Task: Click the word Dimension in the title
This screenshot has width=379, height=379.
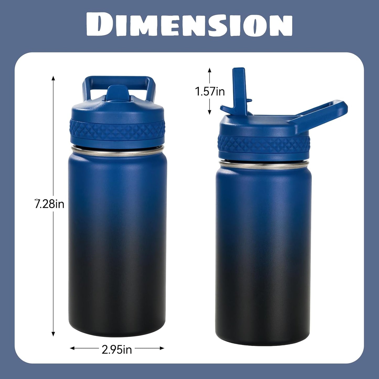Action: (189, 25)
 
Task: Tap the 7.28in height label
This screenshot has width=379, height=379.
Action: (50, 204)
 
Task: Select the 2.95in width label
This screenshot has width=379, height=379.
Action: (117, 349)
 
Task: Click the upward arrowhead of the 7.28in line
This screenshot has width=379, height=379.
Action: (53, 78)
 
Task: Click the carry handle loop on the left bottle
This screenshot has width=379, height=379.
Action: (119, 81)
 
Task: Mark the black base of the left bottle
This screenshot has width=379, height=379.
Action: (117, 315)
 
